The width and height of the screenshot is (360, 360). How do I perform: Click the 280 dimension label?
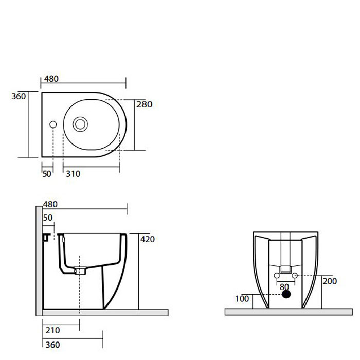(x=144, y=104)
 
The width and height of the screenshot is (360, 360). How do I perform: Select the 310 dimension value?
(x=73, y=174)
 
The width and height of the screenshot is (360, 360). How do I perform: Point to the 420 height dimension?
(x=148, y=239)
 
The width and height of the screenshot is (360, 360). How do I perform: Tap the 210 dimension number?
(x=52, y=330)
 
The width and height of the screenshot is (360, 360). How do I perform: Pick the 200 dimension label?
(x=330, y=281)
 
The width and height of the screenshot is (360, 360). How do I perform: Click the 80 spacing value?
(x=284, y=287)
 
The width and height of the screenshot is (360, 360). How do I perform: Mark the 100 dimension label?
(x=242, y=299)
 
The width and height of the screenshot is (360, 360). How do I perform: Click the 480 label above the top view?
(x=51, y=79)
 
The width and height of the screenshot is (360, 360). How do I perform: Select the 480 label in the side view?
(x=50, y=204)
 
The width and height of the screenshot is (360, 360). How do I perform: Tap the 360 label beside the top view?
(x=19, y=96)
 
